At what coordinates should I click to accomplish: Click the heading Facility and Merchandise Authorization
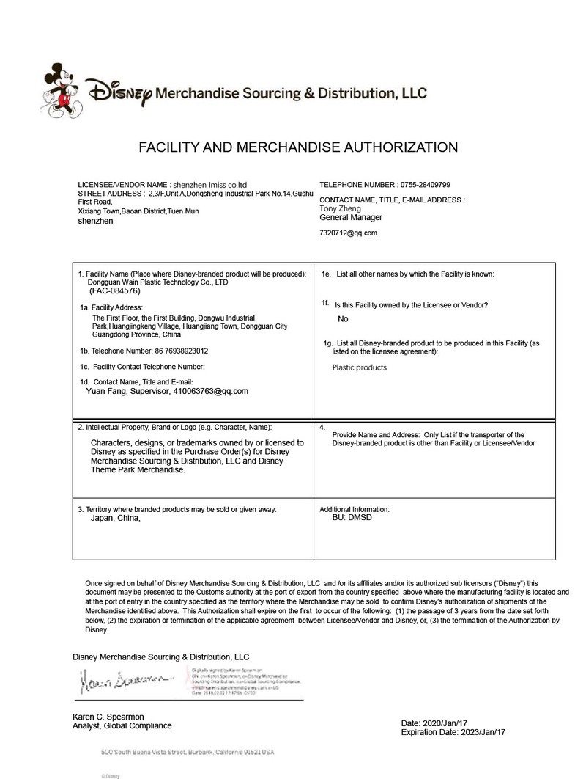298,147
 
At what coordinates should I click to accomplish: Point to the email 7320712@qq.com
349,233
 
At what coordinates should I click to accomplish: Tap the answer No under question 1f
343,319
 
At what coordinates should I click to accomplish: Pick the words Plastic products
360,367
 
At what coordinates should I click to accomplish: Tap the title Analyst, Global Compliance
122,725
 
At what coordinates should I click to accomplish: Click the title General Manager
351,217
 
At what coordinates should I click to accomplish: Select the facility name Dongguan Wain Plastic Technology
158,282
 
